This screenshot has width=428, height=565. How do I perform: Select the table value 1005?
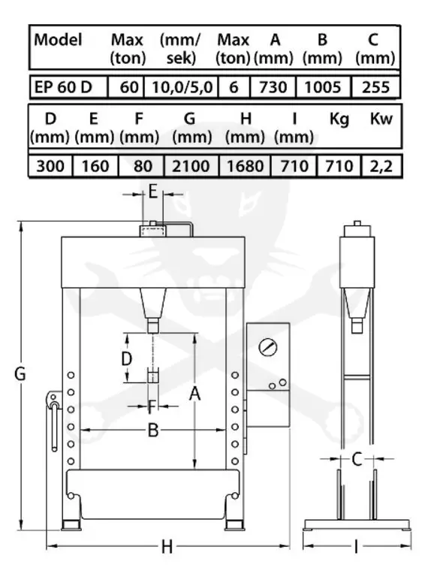click(x=323, y=87)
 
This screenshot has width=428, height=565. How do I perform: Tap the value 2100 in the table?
click(x=191, y=166)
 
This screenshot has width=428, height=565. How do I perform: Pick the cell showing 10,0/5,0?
click(x=182, y=87)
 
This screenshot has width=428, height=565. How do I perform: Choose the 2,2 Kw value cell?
click(x=381, y=166)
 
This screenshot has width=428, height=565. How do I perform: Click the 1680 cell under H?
click(x=245, y=166)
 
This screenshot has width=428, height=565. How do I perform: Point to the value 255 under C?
click(x=375, y=87)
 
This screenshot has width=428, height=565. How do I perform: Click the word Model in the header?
click(x=58, y=40)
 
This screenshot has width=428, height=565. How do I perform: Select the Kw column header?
click(x=381, y=119)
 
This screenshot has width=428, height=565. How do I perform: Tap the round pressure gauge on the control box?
click(x=268, y=347)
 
